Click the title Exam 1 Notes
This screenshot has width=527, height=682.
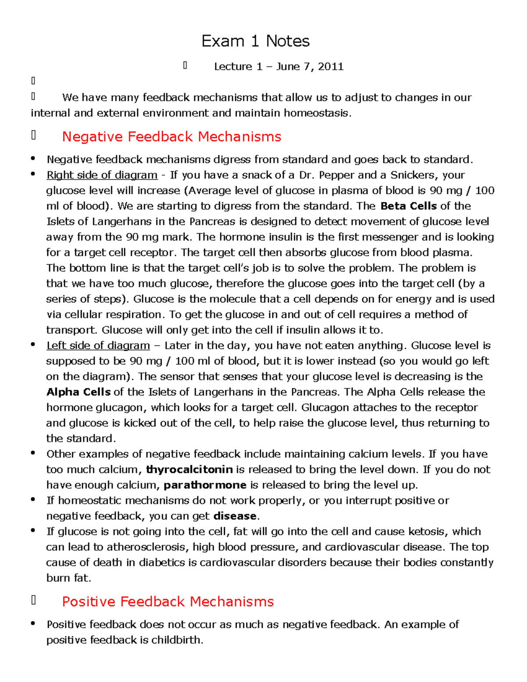pyautogui.click(x=255, y=41)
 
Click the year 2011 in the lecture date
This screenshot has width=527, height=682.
pyautogui.click(x=330, y=67)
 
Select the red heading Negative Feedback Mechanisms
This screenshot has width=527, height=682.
pyautogui.click(x=171, y=137)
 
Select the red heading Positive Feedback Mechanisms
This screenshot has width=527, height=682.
pyautogui.click(x=168, y=602)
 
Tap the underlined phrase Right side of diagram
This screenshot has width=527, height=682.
pyautogui.click(x=102, y=175)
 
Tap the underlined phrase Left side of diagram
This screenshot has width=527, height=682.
pyautogui.click(x=98, y=346)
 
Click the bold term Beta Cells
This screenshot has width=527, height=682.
pyautogui.click(x=408, y=206)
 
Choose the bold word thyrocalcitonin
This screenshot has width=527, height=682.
pyautogui.click(x=189, y=469)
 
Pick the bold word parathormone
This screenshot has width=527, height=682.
pyautogui.click(x=205, y=485)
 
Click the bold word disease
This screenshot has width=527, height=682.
pyautogui.click(x=235, y=516)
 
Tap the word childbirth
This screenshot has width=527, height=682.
pyautogui.click(x=177, y=640)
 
